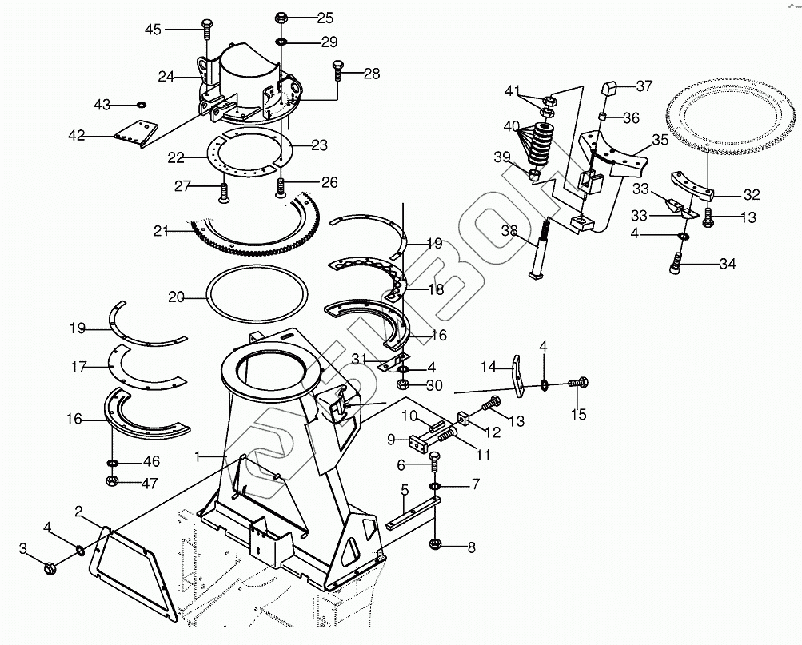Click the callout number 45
(x=152, y=30)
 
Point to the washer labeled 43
(x=142, y=104)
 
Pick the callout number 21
(x=162, y=232)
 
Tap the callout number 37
(x=644, y=86)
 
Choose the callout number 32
(x=751, y=194)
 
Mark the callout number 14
(x=489, y=367)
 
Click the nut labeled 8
(x=436, y=546)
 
